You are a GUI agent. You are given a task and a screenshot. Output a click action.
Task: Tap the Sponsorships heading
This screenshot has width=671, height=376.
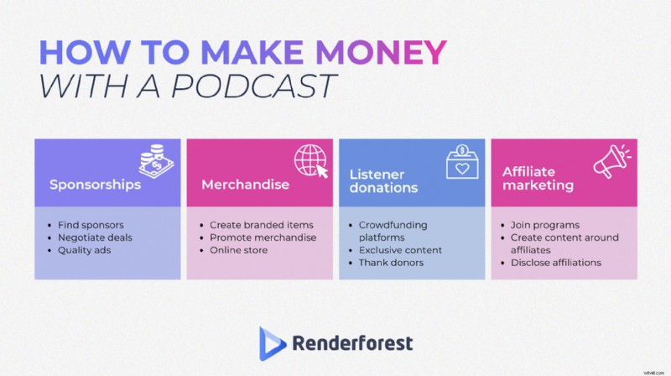click(95, 185)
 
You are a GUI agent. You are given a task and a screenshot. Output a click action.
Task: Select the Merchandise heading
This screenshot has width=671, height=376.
click(246, 185)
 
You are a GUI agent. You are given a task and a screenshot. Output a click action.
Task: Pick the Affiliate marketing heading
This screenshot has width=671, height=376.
click(538, 179)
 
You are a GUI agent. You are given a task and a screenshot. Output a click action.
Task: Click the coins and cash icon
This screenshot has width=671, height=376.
click(157, 160)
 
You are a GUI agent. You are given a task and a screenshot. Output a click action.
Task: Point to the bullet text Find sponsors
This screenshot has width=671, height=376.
click(90, 226)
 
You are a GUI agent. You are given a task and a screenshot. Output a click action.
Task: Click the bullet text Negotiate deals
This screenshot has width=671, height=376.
click(96, 238)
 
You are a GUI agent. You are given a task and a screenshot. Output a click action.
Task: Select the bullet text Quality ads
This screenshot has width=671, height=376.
click(84, 250)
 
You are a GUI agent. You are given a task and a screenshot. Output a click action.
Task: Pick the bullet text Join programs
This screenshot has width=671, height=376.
click(544, 226)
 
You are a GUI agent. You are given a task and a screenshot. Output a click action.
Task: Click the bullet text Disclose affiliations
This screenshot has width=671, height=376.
click(556, 263)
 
